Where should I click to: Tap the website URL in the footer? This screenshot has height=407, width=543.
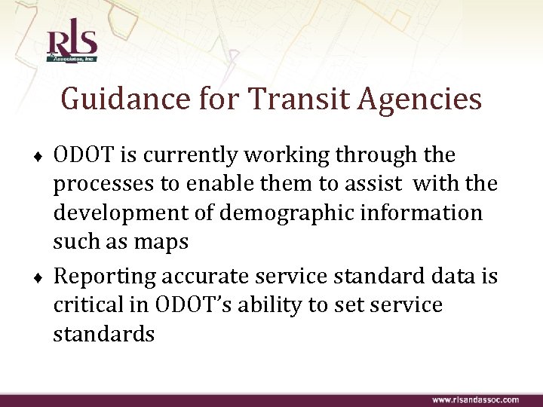click(475, 399)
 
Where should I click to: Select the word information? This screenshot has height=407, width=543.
click(424, 213)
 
